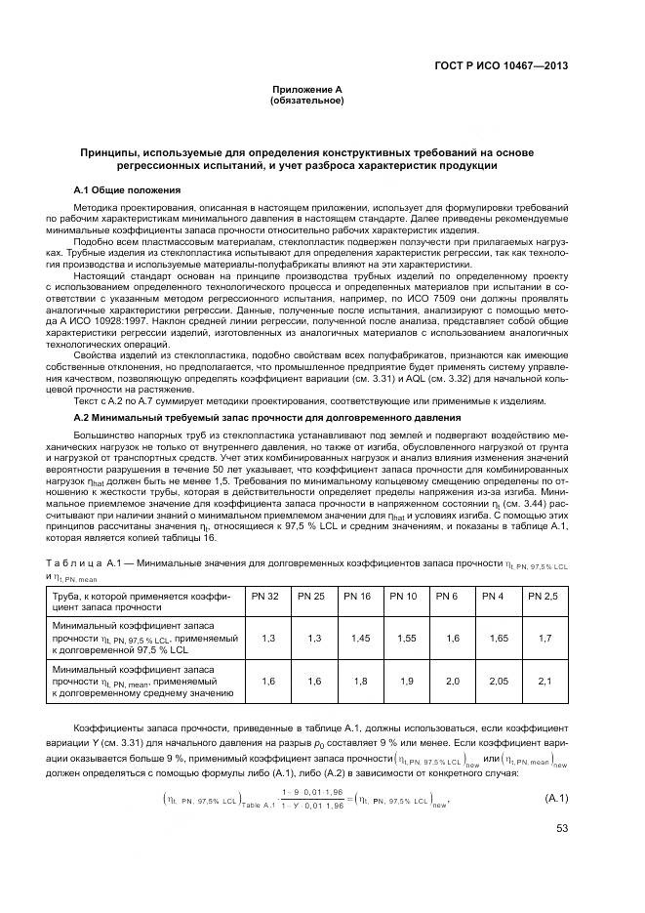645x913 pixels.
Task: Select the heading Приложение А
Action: [306, 90]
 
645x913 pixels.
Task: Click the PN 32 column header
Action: [265, 596]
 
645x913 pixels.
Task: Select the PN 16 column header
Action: [357, 596]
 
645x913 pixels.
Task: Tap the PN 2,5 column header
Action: [543, 596]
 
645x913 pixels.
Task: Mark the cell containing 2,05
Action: [496, 682]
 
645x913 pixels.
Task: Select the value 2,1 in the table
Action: [543, 682]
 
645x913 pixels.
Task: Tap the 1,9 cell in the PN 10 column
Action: [404, 682]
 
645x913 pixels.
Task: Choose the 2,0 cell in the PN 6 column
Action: [450, 682]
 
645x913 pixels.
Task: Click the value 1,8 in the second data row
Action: [357, 682]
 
